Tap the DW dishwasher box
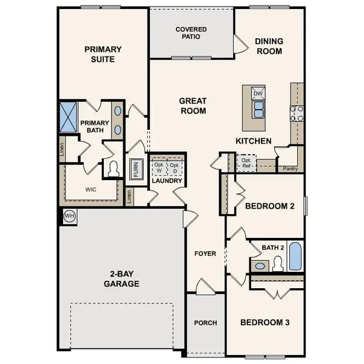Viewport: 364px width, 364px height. click(x=258, y=93)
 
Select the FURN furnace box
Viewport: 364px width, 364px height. click(x=135, y=169)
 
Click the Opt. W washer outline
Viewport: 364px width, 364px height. click(x=158, y=168)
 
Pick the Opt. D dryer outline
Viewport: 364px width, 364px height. click(x=175, y=168)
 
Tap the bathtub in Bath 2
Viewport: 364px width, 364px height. click(x=294, y=256)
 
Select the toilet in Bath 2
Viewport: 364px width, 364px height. click(x=278, y=263)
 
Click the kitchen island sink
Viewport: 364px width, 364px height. click(x=258, y=109)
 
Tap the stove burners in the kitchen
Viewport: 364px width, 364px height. click(x=297, y=113)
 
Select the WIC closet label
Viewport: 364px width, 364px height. click(x=90, y=189)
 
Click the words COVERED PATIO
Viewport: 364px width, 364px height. click(x=191, y=33)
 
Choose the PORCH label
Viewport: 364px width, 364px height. click(x=205, y=323)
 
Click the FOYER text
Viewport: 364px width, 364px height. click(x=205, y=254)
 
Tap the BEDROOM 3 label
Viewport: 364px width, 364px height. click(x=265, y=322)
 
